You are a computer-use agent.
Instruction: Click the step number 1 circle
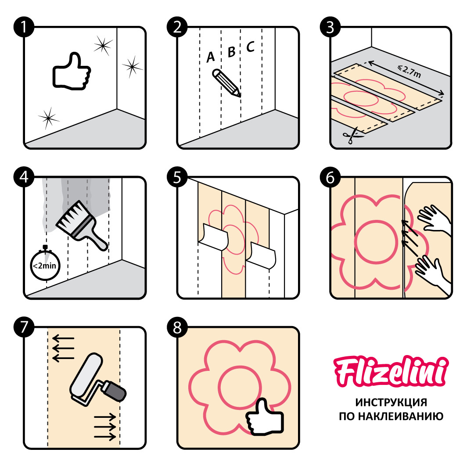click(x=24, y=27)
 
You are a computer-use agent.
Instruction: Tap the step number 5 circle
click(x=177, y=177)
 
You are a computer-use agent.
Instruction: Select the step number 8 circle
click(x=177, y=327)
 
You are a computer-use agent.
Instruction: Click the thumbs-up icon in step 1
click(x=72, y=72)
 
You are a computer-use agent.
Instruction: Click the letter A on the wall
click(x=210, y=57)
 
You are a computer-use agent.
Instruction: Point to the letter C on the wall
click(x=250, y=47)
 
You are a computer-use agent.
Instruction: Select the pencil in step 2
click(x=227, y=83)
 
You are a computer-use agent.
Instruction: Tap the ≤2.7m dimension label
click(x=409, y=72)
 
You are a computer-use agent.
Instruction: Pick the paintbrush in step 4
click(x=82, y=226)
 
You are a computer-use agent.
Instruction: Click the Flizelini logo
click(x=391, y=372)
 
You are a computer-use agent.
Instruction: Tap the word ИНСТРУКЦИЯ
click(x=391, y=402)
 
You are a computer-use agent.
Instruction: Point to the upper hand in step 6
click(x=434, y=218)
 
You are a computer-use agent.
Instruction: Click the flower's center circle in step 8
click(x=240, y=387)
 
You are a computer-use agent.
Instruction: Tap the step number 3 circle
click(x=330, y=27)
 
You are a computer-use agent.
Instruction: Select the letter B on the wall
click(x=231, y=52)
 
